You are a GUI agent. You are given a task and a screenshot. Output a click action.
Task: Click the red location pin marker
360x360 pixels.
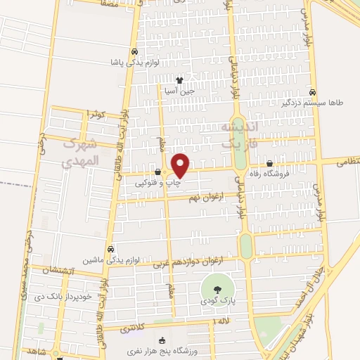click(x=181, y=165)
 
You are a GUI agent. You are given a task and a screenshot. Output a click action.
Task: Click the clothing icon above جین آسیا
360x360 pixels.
click(x=180, y=80)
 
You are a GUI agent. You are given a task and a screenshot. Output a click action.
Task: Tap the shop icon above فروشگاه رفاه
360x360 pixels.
click(x=269, y=165)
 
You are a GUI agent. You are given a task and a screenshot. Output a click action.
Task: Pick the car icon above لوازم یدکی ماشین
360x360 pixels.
click(x=111, y=249)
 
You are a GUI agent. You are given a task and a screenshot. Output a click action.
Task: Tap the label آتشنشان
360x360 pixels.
click(x=56, y=271)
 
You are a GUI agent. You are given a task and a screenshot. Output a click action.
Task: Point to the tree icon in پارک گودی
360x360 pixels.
click(x=217, y=290)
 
